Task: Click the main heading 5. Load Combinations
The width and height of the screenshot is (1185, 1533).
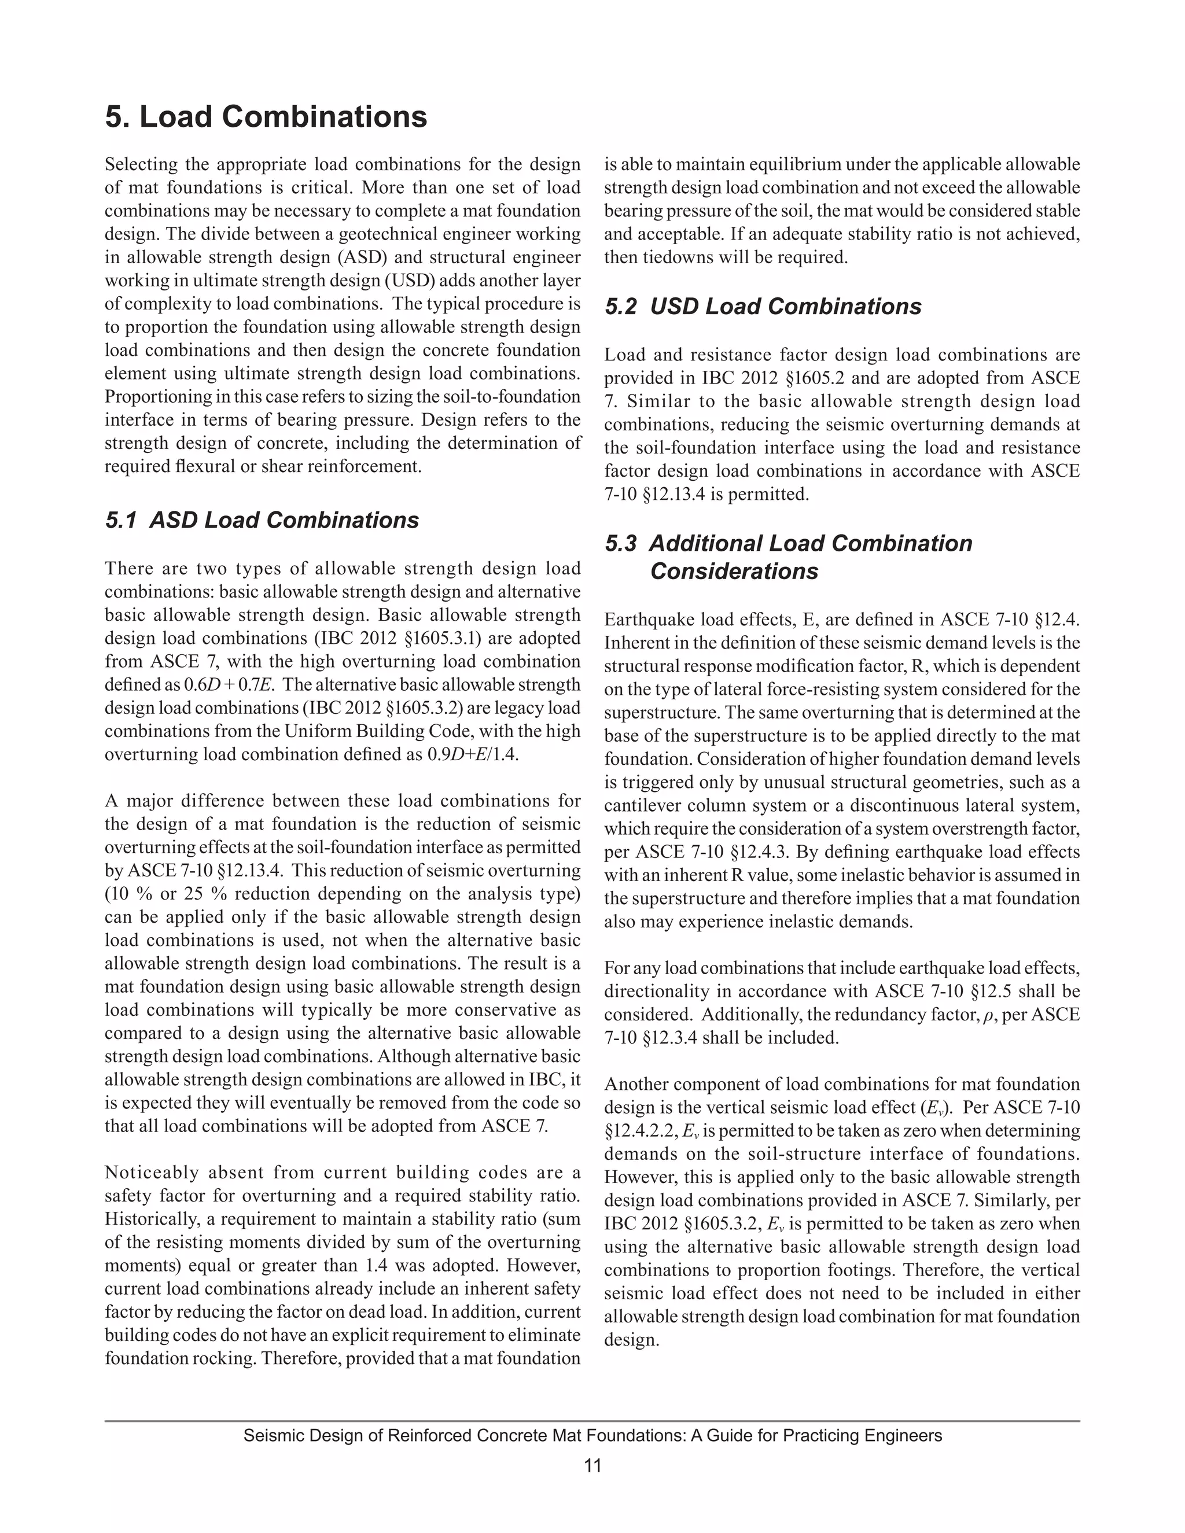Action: [266, 116]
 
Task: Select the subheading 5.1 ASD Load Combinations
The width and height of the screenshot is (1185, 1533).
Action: [262, 520]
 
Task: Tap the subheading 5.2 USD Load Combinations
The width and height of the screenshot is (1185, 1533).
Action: [763, 307]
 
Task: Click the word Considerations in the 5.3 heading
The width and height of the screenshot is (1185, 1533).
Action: [734, 572]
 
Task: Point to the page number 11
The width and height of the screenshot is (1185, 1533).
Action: [592, 1466]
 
